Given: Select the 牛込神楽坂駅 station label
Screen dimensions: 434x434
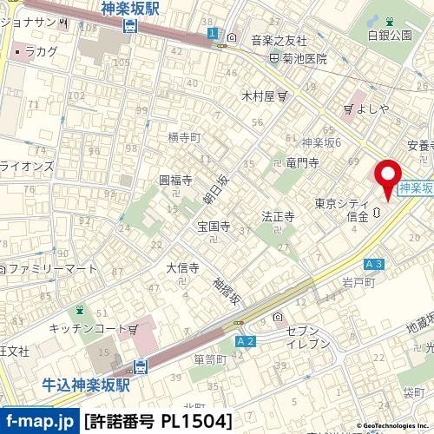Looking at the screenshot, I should coord(87,382).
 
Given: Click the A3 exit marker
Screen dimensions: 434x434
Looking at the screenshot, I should coord(374,263).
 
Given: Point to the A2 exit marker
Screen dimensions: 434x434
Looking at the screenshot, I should coord(246,342).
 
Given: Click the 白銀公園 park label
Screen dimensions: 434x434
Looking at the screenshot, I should coord(389,35).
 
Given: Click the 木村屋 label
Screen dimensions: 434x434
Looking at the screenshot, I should coord(257,95).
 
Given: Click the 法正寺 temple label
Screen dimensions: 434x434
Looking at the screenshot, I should coord(279,215).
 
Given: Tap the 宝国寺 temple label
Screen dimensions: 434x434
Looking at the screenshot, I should coord(213,227).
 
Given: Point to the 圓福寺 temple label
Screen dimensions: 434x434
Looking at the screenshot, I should coord(175,180).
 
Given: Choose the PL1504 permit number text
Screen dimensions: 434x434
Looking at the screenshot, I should coord(199,421).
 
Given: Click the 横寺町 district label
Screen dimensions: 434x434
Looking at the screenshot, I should coord(183,137).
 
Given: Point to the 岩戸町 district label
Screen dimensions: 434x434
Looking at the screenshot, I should coord(358,281).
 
